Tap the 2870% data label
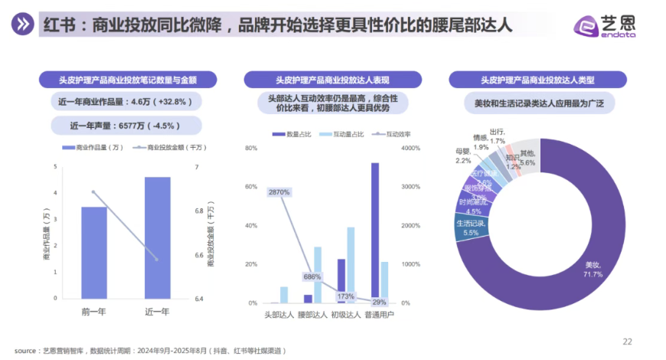pos(279,192)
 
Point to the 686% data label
pos(312,277)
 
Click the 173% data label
pos(345,296)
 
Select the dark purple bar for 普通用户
pos(375,233)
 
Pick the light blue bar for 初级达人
pos(351,265)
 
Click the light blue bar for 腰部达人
pos(318,275)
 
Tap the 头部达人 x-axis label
pos(279,314)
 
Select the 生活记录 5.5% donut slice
pos(468,227)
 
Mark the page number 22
pos(628,342)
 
